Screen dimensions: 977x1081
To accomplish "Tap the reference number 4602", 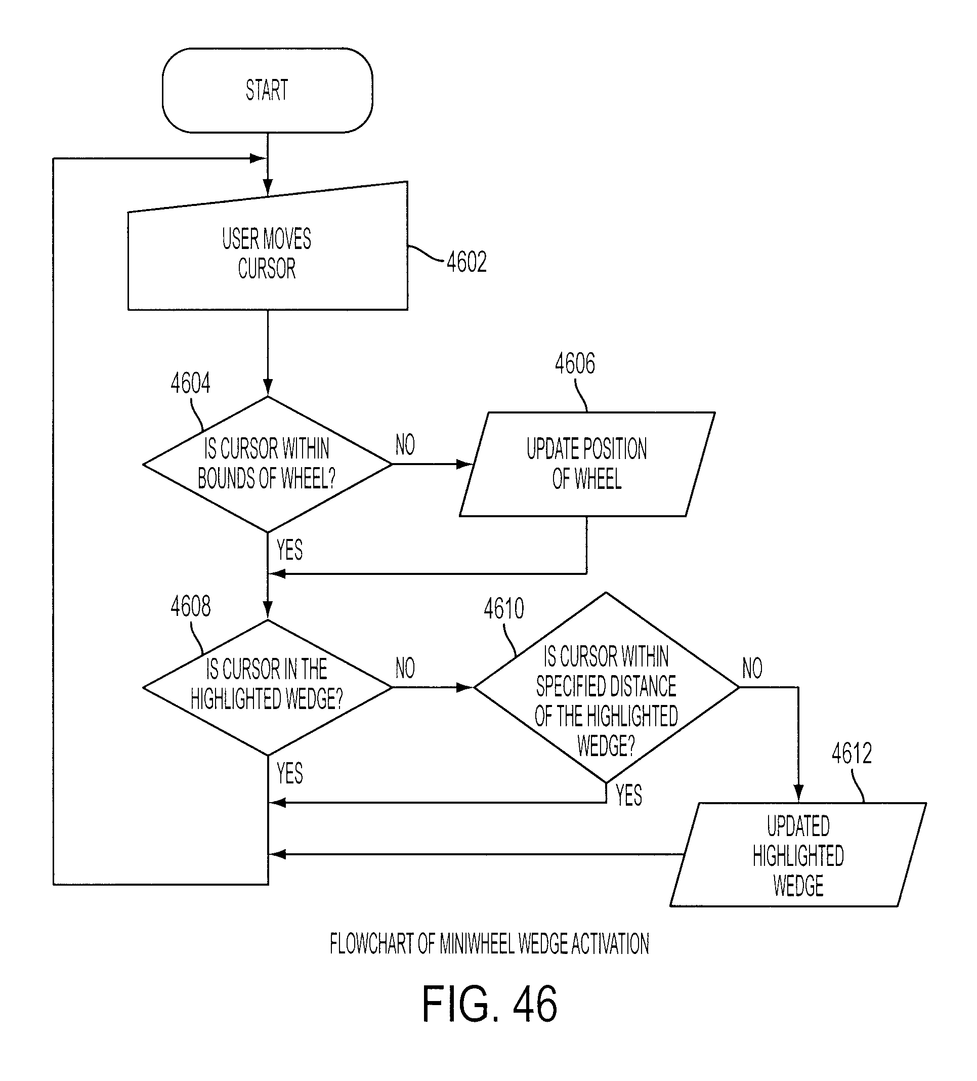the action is (x=467, y=262).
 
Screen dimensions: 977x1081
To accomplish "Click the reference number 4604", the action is (x=190, y=383).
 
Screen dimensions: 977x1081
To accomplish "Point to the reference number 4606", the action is (x=575, y=363).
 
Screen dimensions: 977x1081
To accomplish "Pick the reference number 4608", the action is (x=190, y=606).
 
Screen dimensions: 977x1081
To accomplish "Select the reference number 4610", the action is (x=504, y=609).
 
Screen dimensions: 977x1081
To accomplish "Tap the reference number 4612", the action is (x=852, y=754).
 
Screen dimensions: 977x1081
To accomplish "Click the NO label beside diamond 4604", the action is (x=405, y=444).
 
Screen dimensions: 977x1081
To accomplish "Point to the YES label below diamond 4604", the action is (x=289, y=550).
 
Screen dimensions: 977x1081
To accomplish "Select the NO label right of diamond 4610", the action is (x=752, y=668).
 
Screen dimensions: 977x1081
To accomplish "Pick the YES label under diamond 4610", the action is (x=628, y=795).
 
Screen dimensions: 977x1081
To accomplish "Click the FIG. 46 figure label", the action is (x=489, y=1004).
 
